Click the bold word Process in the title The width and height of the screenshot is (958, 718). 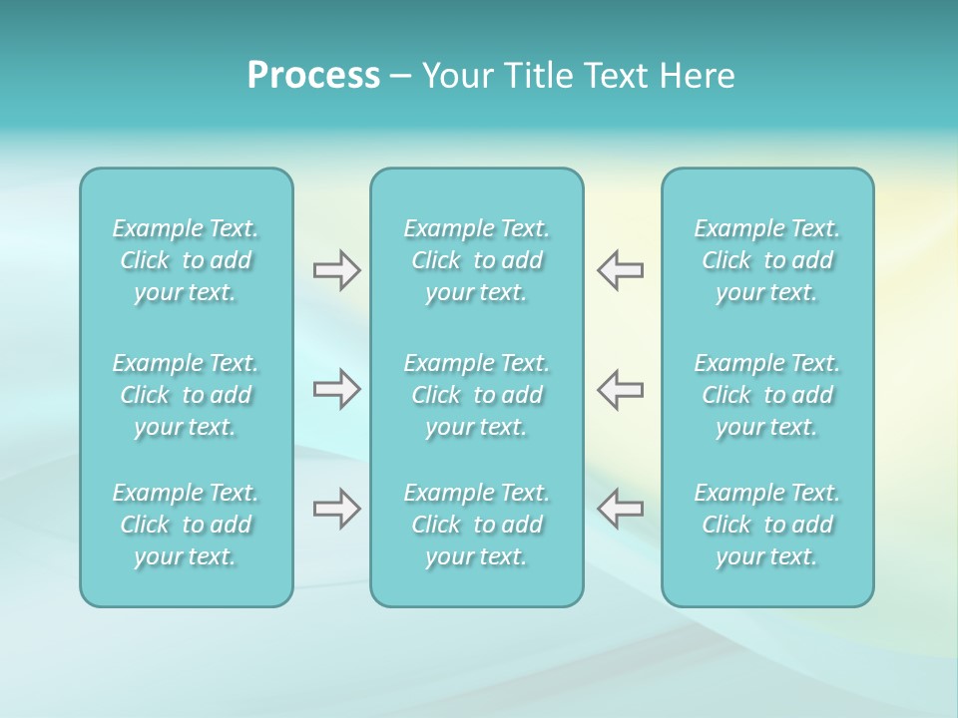tap(313, 76)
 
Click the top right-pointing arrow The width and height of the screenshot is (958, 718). tap(336, 270)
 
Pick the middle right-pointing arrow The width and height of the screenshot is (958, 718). tap(336, 389)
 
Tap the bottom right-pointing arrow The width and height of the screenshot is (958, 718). tap(336, 509)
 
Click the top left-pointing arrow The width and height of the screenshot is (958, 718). tap(620, 270)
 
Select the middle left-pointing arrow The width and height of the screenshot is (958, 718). tap(620, 389)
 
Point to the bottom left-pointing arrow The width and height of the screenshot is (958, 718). tap(620, 509)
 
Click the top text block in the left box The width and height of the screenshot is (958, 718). tap(186, 260)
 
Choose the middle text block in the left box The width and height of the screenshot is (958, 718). tap(186, 395)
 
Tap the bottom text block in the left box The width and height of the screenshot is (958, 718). tap(186, 525)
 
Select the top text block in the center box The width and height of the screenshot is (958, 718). tap(477, 260)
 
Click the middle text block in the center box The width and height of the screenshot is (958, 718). tap(477, 395)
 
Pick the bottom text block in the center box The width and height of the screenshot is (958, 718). tap(477, 525)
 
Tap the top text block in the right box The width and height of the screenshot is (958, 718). tap(767, 260)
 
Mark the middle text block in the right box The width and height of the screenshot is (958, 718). tap(767, 395)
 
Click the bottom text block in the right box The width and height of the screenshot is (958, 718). tap(767, 525)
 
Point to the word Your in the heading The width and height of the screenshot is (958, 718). tap(456, 76)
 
